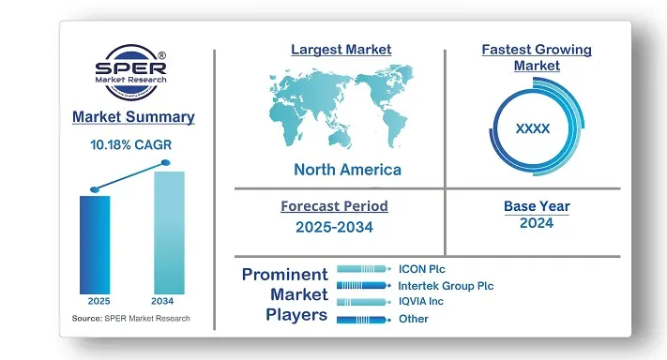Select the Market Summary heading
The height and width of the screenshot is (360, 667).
point(133,117)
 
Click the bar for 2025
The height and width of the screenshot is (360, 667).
point(95,243)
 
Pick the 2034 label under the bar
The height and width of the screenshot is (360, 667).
point(167,302)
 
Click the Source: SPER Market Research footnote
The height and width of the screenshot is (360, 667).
point(130,319)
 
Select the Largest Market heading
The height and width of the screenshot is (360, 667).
point(341,49)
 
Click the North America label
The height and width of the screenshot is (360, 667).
point(347,170)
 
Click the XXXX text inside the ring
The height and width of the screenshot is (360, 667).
point(533,127)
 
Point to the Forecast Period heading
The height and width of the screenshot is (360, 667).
point(334,206)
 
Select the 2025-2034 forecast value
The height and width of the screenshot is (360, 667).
point(335,226)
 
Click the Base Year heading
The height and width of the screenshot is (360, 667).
point(537,206)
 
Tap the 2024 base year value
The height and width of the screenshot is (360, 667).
point(537,223)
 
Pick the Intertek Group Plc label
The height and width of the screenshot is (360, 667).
point(446,286)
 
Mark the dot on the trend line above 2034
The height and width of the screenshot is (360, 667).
point(166,163)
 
